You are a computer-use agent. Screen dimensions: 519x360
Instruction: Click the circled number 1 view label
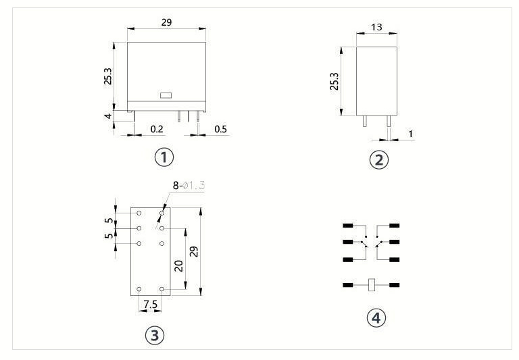[x=164, y=157]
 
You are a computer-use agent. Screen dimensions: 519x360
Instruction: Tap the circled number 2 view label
[x=378, y=160]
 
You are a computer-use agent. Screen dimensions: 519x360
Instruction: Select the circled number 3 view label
[x=155, y=335]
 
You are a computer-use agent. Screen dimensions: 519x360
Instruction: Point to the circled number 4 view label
[x=376, y=317]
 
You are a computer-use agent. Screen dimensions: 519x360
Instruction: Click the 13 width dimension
[x=376, y=27]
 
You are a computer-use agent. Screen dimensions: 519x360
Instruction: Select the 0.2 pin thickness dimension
[x=157, y=129]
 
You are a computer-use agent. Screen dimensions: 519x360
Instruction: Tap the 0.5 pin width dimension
[x=220, y=129]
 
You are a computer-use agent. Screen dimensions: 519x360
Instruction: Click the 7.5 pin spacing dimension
[x=151, y=304]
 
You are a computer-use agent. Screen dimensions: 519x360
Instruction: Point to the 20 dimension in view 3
[x=178, y=265]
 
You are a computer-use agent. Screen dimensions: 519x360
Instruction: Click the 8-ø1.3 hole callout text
[x=189, y=186]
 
